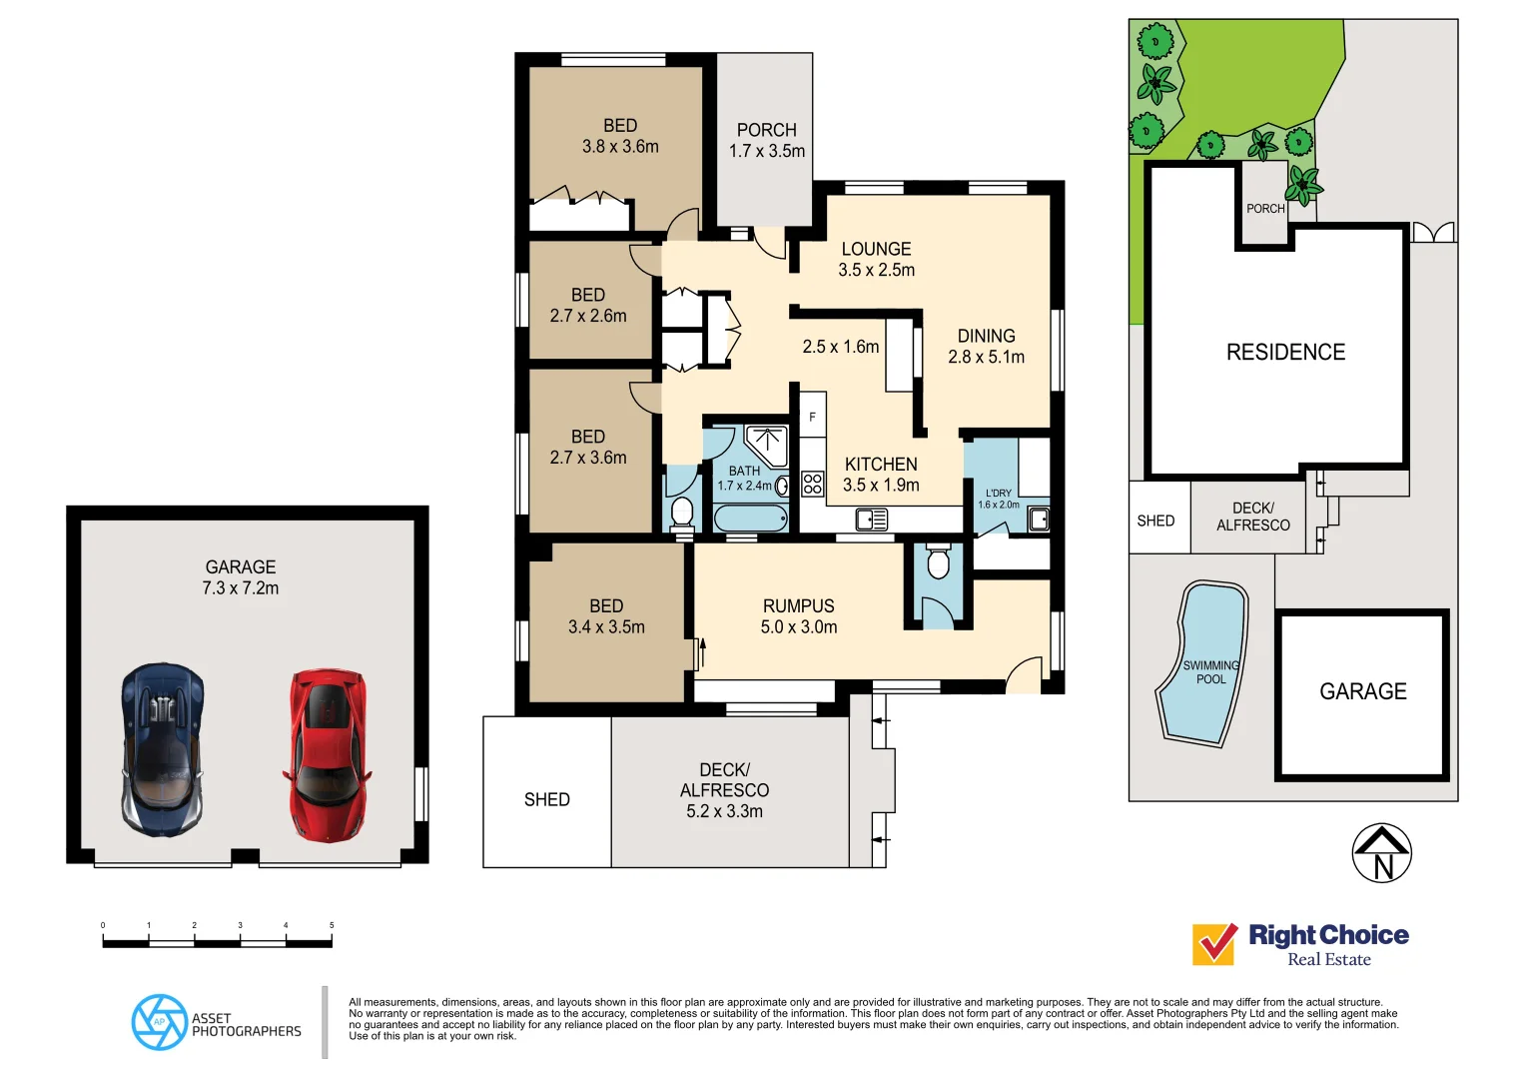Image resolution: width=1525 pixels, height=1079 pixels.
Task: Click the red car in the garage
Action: (x=328, y=754)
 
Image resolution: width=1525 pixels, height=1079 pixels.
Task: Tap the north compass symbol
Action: (x=1381, y=853)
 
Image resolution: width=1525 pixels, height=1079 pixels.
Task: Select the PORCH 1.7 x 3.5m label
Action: (x=766, y=141)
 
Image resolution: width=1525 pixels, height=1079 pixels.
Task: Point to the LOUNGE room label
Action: (x=876, y=250)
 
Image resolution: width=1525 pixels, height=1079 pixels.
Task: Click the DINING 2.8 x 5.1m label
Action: (x=986, y=347)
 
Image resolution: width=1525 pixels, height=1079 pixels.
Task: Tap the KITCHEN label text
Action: (x=881, y=465)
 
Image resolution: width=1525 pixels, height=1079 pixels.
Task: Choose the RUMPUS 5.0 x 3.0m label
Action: (x=799, y=616)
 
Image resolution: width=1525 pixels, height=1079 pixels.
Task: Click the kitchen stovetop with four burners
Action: (x=813, y=485)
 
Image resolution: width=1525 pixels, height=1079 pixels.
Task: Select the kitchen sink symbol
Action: (x=872, y=520)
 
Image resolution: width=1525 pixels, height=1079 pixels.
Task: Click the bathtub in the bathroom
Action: (x=751, y=519)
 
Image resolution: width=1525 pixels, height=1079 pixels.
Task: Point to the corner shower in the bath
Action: (x=767, y=445)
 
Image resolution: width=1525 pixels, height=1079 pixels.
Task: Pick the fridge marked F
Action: (x=813, y=417)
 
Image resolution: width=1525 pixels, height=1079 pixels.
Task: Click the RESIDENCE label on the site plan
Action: (x=1285, y=353)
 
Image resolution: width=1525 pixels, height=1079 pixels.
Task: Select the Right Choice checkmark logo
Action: (x=1214, y=944)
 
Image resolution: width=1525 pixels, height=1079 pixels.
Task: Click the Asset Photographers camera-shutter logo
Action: (x=159, y=1022)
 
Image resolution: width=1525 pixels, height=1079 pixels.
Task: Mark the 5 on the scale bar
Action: (x=332, y=926)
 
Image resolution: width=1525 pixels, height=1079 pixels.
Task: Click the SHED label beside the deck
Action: (x=547, y=800)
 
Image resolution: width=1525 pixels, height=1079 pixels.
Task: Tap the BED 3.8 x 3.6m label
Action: (x=620, y=136)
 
